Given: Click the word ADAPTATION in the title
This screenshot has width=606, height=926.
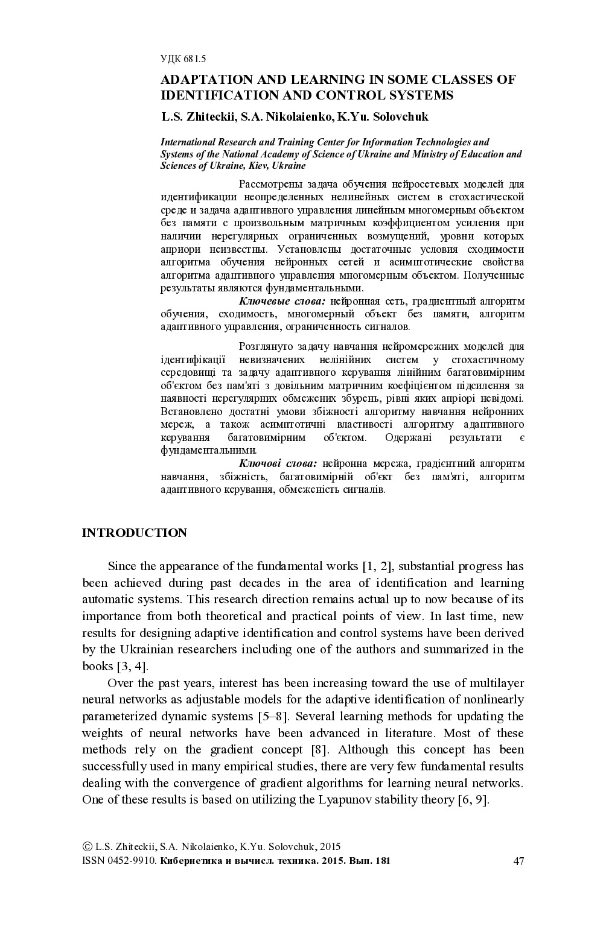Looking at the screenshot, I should click(x=204, y=80).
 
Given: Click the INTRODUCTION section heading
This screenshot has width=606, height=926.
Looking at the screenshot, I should click(x=135, y=533).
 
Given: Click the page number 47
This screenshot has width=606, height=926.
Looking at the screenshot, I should click(x=518, y=861).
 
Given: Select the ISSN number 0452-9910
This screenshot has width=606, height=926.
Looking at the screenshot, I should click(x=132, y=861).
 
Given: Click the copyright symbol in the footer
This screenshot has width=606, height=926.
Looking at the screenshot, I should click(x=87, y=847).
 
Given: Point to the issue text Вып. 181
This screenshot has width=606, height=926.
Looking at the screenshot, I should click(x=369, y=861).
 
